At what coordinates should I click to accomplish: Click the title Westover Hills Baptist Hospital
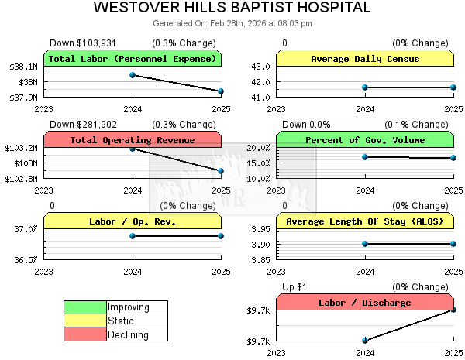coord(232,9)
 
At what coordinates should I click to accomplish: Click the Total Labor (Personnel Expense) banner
coord(133,59)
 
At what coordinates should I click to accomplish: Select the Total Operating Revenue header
coord(133,140)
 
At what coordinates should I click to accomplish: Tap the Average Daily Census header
coord(365,59)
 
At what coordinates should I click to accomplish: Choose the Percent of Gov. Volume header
coord(365,140)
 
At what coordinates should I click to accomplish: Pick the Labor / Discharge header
coord(365,303)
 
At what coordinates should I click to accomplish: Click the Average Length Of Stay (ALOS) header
coord(365,221)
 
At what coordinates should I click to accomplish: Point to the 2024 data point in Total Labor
coord(133,75)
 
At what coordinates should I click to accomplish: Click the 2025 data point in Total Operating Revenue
coord(221,171)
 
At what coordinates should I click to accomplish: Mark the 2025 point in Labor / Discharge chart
coord(453,310)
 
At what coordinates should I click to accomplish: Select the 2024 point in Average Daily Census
coord(365,87)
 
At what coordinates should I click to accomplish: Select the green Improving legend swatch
coord(85,307)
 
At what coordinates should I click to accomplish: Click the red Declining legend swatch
coord(85,335)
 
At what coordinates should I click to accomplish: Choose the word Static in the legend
coord(121,321)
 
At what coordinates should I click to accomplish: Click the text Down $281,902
coord(84,125)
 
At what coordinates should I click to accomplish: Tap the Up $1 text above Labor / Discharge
coord(294,287)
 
